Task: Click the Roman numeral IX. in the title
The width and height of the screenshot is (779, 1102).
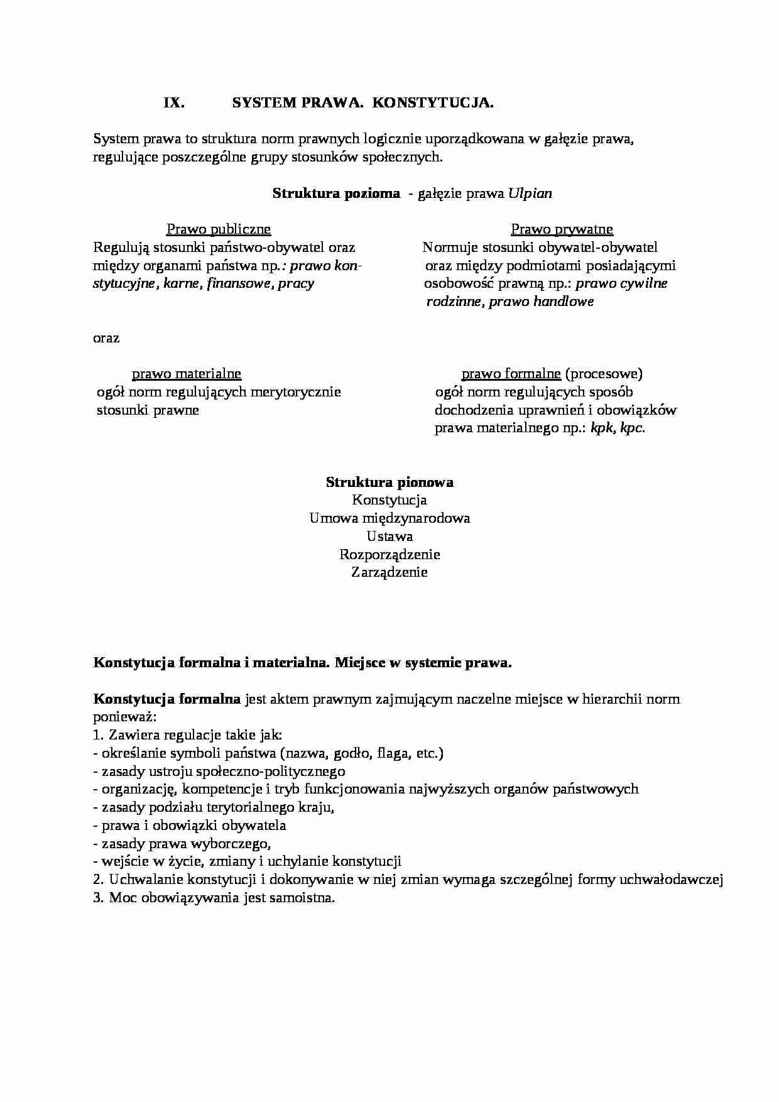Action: coord(174,104)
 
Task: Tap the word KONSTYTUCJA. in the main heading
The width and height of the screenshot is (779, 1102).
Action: coord(433,104)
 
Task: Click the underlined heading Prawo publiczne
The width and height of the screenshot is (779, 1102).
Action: coord(218,229)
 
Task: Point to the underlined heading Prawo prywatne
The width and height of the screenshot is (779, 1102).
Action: coord(562,229)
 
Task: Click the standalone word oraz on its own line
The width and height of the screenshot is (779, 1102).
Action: coord(106,338)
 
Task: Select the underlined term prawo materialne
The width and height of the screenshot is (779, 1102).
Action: coord(186,374)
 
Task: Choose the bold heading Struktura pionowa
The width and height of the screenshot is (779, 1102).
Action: coord(389,483)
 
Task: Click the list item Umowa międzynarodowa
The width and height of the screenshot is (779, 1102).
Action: coord(389,519)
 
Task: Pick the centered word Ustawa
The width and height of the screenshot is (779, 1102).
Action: coord(389,537)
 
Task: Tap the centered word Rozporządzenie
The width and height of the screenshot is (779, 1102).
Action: coord(389,555)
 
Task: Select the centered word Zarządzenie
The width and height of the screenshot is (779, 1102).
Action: coord(389,572)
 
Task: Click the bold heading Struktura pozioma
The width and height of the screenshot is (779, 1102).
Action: coord(336,194)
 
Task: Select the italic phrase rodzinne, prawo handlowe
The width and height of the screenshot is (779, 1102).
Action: coord(509,302)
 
